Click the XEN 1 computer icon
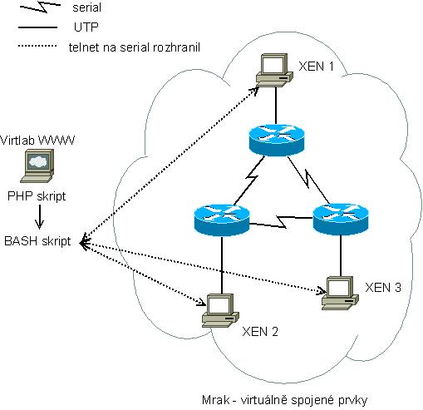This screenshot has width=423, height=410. tap(274, 71)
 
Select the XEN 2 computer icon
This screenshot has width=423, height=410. tap(220, 310)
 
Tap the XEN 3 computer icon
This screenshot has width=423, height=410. tap(340, 294)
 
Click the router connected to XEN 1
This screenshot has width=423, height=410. tap(277, 140)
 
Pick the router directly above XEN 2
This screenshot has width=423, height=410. tap(222, 220)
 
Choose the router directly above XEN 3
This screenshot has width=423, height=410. tap(341, 220)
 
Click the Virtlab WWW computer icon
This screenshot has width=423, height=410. tap(37, 165)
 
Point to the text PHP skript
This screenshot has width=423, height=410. tap(37, 196)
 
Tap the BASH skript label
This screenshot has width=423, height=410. tap(37, 241)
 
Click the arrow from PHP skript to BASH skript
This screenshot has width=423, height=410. tap(39, 217)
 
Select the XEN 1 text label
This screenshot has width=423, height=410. tap(316, 67)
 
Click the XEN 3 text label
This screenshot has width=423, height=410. tap(383, 288)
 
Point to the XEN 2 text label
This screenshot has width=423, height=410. tap(260, 332)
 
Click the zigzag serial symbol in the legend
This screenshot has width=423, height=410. tap(40, 7)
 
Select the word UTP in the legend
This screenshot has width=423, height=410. tap(86, 27)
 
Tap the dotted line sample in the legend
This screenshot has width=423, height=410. tap(37, 46)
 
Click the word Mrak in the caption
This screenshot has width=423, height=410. tap(216, 400)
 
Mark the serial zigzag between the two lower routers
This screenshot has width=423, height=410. tap(281, 221)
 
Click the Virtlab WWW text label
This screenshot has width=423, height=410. tap(37, 141)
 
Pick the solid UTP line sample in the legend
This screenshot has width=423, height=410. tap(37, 27)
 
